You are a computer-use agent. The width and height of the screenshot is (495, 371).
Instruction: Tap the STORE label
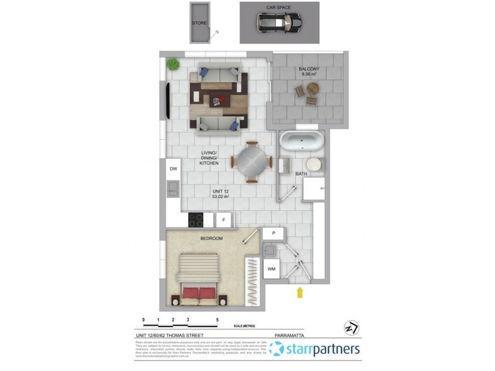[199, 23]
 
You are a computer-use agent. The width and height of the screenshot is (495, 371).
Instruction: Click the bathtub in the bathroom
[301, 142]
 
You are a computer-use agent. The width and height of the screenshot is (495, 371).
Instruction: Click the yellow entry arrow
[301, 292]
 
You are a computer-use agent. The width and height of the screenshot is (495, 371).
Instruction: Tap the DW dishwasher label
[173, 168]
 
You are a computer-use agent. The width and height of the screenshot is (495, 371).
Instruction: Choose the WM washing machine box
[271, 269]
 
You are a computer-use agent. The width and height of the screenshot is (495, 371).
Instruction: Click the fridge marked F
[223, 220]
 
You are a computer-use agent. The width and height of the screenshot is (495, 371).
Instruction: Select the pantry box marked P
[273, 233]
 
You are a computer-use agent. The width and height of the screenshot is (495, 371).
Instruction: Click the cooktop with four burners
[197, 220]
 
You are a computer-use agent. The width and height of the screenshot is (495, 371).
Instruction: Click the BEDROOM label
[211, 238]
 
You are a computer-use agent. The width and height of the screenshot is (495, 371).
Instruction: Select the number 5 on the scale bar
[217, 320]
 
